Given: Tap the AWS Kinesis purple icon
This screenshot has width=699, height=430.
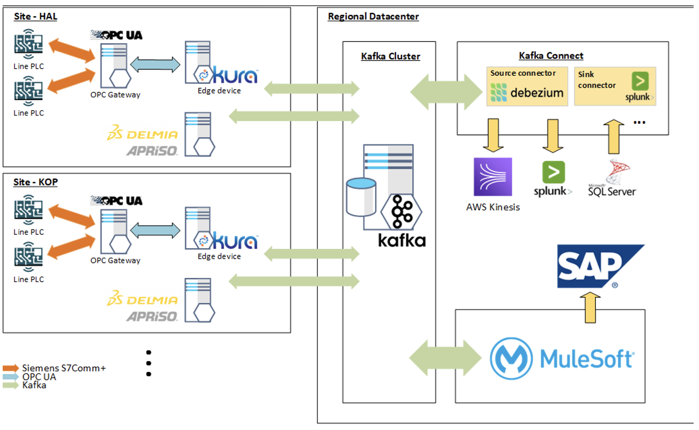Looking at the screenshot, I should point(493,177).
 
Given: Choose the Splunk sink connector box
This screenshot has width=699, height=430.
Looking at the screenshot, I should point(615,86).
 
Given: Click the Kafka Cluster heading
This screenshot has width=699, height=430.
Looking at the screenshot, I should point(390,56).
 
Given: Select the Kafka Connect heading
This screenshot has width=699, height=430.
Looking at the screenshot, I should point(551,56).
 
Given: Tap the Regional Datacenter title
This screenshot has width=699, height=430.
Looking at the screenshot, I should point(373,17).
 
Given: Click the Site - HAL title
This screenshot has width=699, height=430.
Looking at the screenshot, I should point(35,17).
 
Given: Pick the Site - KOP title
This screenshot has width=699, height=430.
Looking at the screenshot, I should point(35,182).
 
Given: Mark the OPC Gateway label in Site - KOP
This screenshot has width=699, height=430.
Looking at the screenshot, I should point(115,261).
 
